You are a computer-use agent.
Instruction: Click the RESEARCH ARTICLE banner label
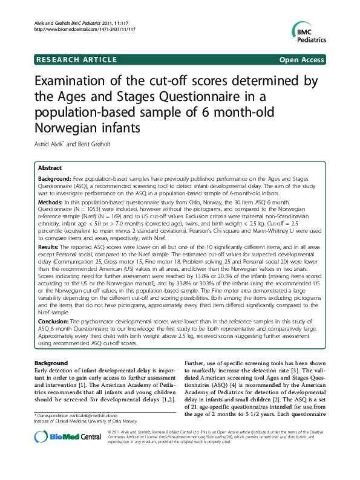[x=77, y=60]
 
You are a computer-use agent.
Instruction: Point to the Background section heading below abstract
[x=52, y=363]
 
